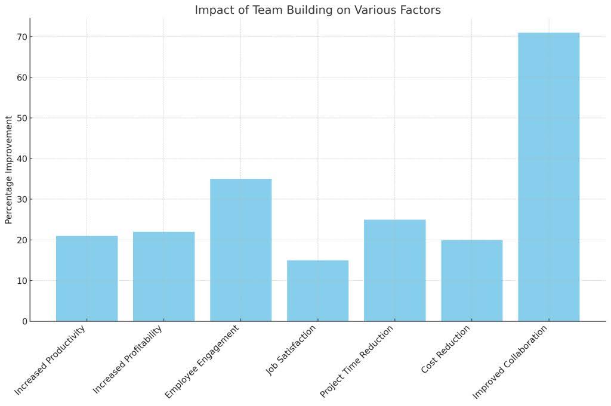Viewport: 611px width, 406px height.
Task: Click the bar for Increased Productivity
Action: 87,278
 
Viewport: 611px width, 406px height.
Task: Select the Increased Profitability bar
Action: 163,276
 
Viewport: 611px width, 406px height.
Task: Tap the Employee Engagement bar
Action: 240,250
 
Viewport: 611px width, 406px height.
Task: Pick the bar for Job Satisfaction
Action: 317,290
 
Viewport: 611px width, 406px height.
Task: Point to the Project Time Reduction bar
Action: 394,270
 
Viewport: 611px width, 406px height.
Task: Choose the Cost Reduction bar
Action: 471,280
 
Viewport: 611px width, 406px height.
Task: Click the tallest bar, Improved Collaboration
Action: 548,176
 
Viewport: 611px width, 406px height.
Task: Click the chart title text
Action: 317,10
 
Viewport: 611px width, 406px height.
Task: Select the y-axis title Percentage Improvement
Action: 9,170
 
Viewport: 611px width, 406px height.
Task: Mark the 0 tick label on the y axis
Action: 24,321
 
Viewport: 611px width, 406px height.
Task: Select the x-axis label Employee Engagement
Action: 203,361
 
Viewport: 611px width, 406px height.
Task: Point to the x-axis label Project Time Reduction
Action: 357,361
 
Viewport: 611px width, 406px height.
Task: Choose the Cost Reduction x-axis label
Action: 446,349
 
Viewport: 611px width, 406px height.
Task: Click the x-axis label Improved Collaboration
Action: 510,362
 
